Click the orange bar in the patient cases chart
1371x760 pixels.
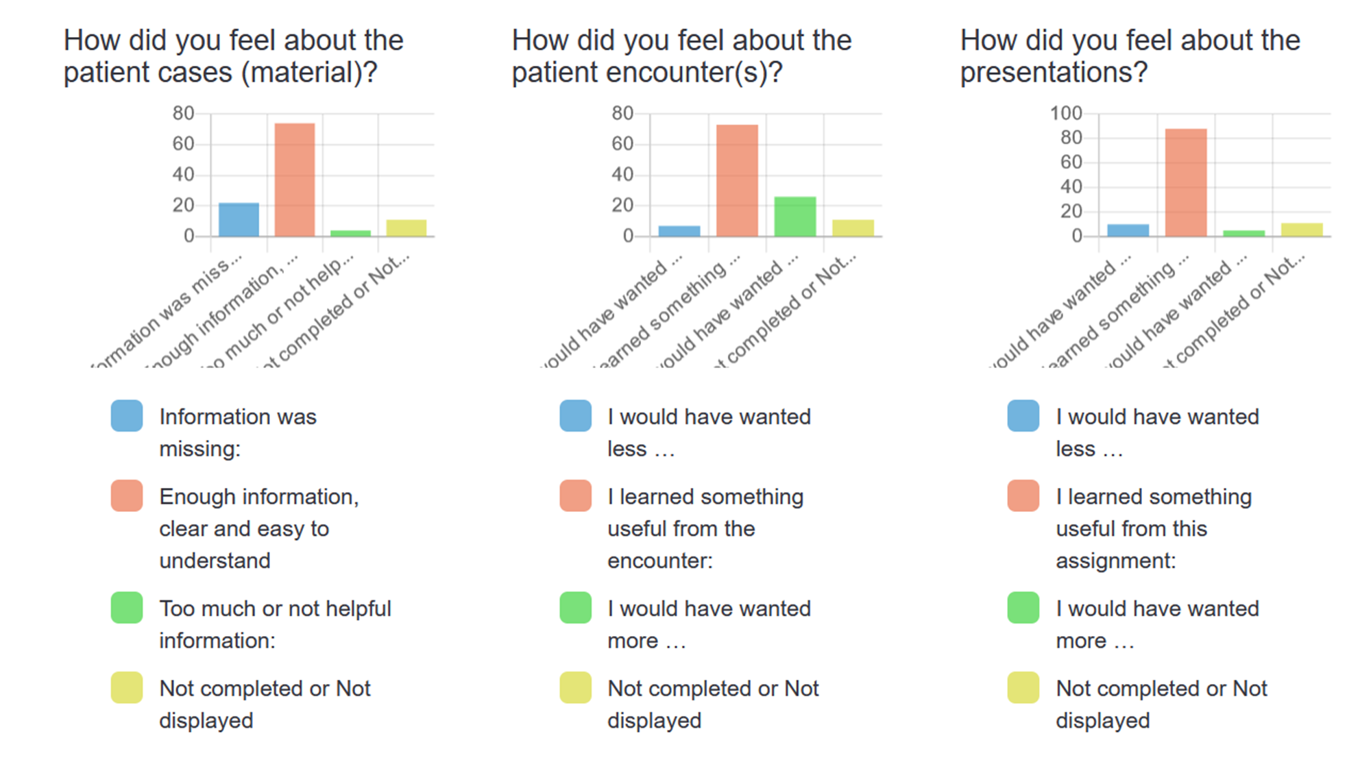tap(295, 180)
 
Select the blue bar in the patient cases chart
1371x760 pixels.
tap(239, 219)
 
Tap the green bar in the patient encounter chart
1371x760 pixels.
tap(795, 217)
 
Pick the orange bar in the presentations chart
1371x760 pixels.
tap(1186, 182)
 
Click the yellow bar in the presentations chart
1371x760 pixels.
tap(1302, 230)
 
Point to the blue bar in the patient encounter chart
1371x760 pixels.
tap(679, 231)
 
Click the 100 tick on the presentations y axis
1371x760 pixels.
tap(1066, 113)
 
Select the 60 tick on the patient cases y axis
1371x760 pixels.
tap(183, 144)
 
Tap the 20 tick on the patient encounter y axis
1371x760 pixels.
tap(622, 205)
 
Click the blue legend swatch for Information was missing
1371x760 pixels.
tap(127, 416)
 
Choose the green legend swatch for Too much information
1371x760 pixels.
tap(127, 608)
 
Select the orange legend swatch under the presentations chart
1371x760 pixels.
tap(1023, 496)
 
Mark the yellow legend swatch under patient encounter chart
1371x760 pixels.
tap(575, 688)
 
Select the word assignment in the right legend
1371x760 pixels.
tap(1115, 561)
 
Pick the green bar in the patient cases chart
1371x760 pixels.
tap(350, 233)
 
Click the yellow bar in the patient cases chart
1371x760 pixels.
tap(406, 228)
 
